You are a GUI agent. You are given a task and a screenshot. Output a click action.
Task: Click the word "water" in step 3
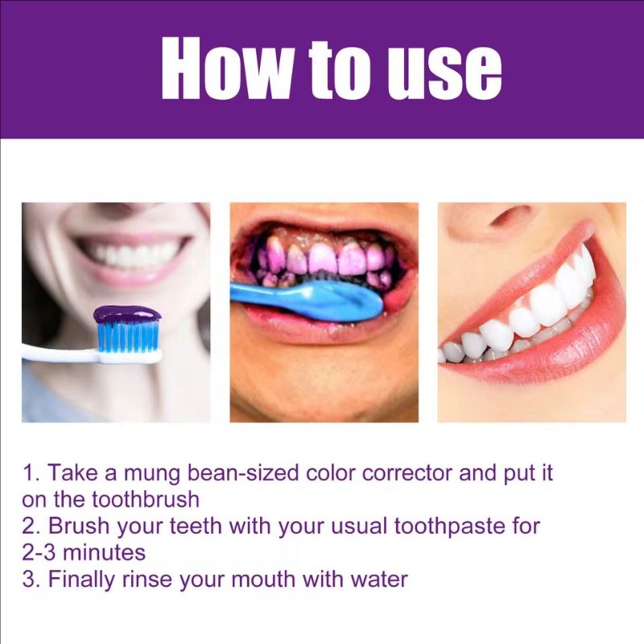click(x=378, y=579)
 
